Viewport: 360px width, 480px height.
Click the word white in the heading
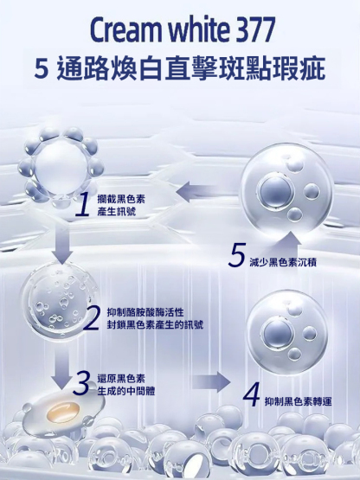pyautogui.click(x=196, y=29)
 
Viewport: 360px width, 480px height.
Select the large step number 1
pyautogui.click(x=82, y=205)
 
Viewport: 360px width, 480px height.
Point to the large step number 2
pyautogui.click(x=92, y=318)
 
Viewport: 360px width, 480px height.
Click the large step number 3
pyautogui.click(x=82, y=382)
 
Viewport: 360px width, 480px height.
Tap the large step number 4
pyautogui.click(x=252, y=395)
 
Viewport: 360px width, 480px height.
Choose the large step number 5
pyautogui.click(x=236, y=254)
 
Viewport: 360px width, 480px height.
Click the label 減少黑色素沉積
pyautogui.click(x=283, y=262)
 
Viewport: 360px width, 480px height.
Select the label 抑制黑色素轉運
pyautogui.click(x=298, y=401)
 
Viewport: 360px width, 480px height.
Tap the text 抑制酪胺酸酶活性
pyautogui.click(x=145, y=312)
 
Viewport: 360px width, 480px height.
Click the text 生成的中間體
pyautogui.click(x=126, y=391)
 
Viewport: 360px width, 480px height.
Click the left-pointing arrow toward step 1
pyautogui.click(x=196, y=191)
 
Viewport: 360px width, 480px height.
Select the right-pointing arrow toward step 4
pyautogui.click(x=210, y=382)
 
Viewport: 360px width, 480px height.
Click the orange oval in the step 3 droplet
pyautogui.click(x=62, y=411)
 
